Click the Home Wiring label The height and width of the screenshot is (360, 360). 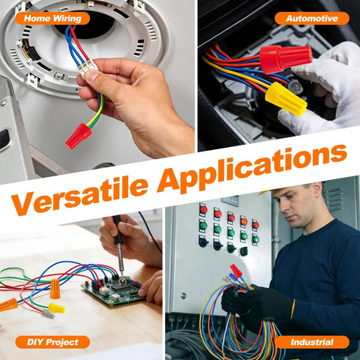coord(52,18)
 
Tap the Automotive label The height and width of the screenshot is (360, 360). coord(312,18)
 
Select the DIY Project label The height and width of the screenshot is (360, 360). coord(52,342)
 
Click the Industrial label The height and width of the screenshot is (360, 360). coord(312,342)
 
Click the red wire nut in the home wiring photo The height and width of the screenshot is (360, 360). coord(78,136)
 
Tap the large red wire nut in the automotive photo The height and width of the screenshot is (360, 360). coord(286,58)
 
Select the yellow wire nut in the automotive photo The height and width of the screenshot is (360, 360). coord(286,99)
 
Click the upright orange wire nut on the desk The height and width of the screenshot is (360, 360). coord(55,289)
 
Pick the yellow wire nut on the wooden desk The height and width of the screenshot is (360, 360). coord(56,308)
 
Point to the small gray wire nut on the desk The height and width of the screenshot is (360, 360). coord(48,314)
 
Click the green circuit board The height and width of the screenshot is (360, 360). coord(114,290)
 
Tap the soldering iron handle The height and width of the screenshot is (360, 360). coord(117,230)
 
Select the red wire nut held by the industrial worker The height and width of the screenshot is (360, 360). coord(236,271)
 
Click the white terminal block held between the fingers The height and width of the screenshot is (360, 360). coord(85,68)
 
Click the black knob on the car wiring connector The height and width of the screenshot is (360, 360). coord(295,87)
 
